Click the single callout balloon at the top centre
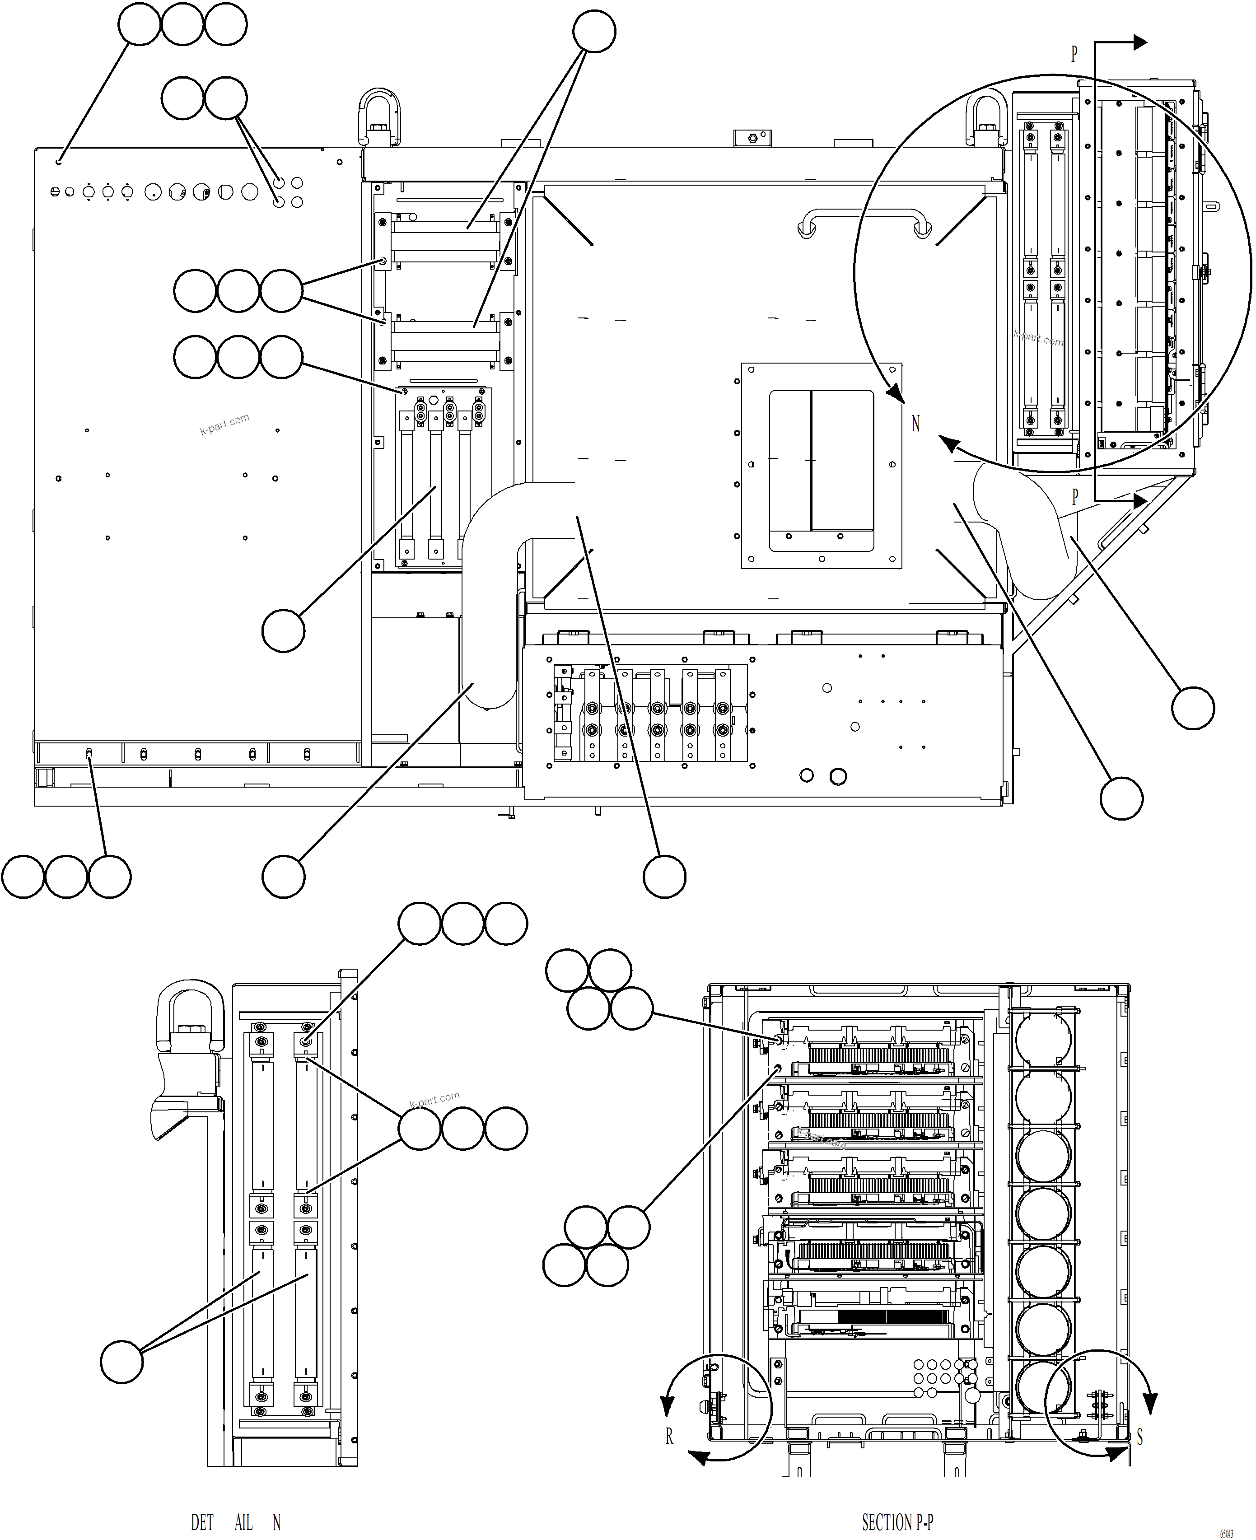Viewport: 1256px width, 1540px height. click(x=594, y=31)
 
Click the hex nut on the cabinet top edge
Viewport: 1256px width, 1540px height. click(x=752, y=137)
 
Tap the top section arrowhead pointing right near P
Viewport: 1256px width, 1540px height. click(x=1140, y=42)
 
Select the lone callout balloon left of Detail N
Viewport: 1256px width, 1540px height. click(x=121, y=1362)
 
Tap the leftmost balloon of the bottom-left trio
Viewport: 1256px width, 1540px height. click(x=23, y=877)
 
